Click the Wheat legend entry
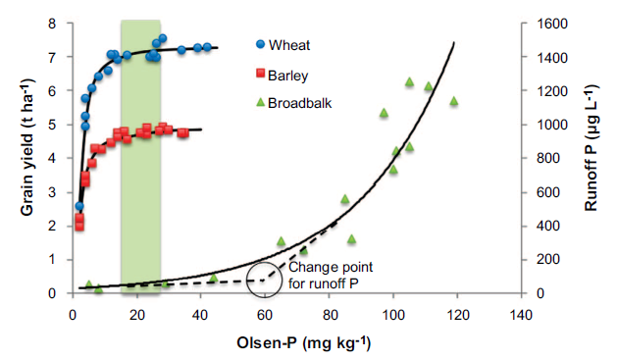click(283, 45)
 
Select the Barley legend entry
click(283, 75)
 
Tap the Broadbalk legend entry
click(294, 103)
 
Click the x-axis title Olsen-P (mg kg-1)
click(303, 342)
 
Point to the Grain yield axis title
click(27, 147)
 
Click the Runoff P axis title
click(591, 147)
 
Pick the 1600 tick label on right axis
click(552, 24)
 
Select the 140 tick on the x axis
click(521, 315)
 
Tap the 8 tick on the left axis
click(52, 24)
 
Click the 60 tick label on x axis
click(265, 315)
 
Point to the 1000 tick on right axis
click(552, 125)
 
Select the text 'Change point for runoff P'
click(331, 275)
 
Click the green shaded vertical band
click(140, 157)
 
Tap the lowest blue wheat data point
click(79, 206)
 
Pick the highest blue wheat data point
click(163, 38)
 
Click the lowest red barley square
click(79, 226)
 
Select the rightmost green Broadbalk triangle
click(454, 101)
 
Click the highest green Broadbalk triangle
click(409, 81)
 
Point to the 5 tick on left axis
click(52, 125)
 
